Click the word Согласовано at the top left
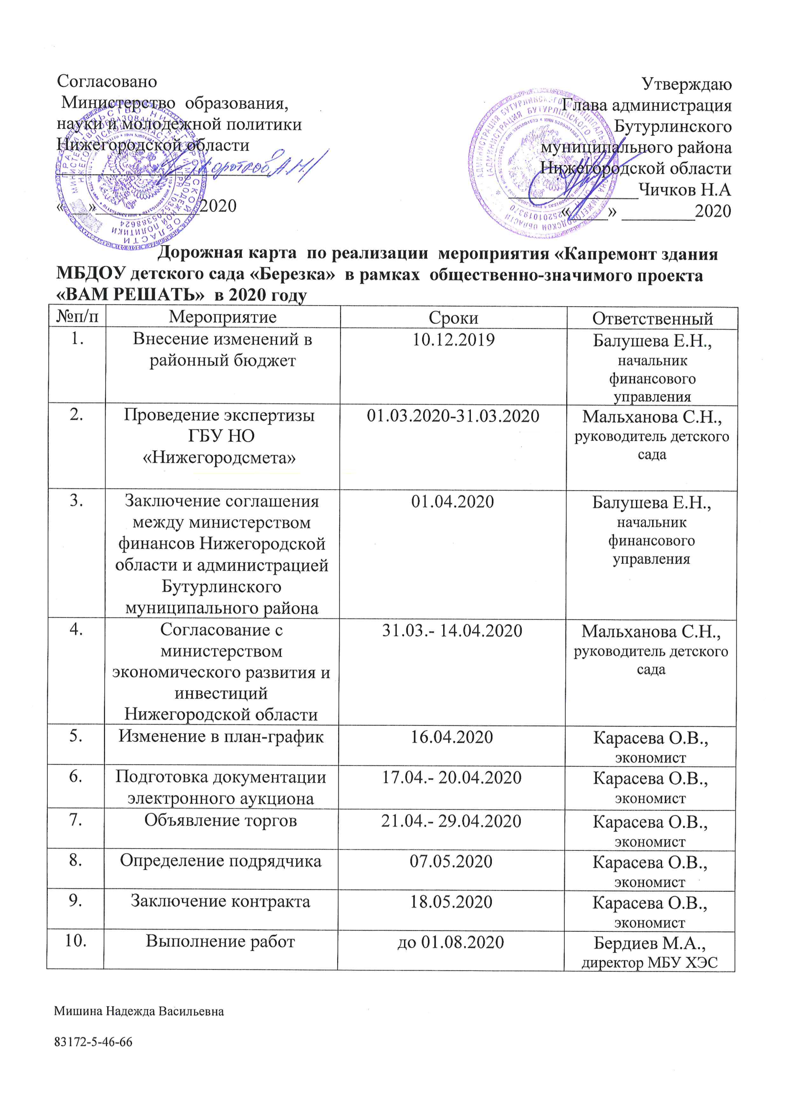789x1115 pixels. pos(107,81)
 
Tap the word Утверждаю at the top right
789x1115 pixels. pos(686,84)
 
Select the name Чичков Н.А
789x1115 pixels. pos(684,189)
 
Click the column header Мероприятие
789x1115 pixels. pos(222,317)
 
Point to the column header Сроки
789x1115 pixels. pos(453,318)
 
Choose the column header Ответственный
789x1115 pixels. pos(652,319)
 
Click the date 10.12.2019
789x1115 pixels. pos(453,340)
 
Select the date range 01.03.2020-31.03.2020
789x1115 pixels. pos(453,416)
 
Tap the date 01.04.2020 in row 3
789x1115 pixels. pos(452,502)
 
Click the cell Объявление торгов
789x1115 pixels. pos(220,820)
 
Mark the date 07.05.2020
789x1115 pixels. pos(451,861)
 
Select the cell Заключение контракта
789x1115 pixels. pos(220,901)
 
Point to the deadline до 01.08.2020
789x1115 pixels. pos(450,942)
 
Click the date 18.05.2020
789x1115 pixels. pos(451,902)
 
